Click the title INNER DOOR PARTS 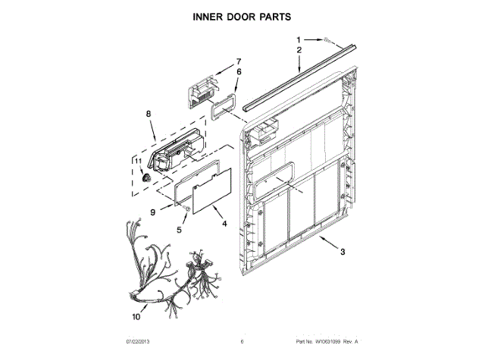pyautogui.click(x=242, y=15)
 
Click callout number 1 pyautogui.click(x=298, y=39)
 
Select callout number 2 pyautogui.click(x=299, y=50)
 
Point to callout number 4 pyautogui.click(x=224, y=224)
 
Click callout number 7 pyautogui.click(x=237, y=61)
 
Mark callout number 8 pyautogui.click(x=149, y=115)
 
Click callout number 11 pyautogui.click(x=138, y=161)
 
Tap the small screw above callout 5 pyautogui.click(x=186, y=206)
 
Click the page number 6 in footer pyautogui.click(x=241, y=341)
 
